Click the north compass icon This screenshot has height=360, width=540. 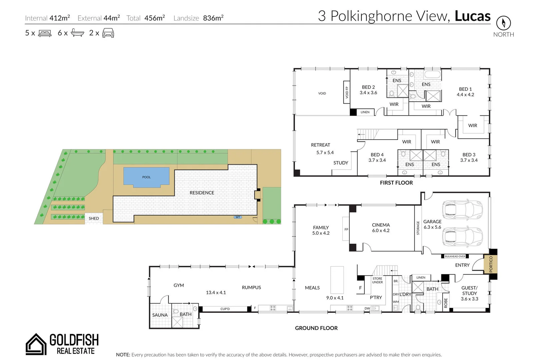tap(503, 23)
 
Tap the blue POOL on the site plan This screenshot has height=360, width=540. tap(146, 176)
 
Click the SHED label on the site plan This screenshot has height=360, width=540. tap(94, 218)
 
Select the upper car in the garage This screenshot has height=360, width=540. tap(462, 209)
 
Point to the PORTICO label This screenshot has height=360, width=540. tap(491, 264)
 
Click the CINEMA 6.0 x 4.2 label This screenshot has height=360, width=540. tap(381, 228)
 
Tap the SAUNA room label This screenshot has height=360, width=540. tap(160, 315)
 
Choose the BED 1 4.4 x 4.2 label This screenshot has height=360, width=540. tap(465, 92)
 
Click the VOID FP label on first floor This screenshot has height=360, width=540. tap(347, 92)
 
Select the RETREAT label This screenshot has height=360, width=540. tap(320, 145)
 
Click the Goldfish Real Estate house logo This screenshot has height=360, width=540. tap(36, 344)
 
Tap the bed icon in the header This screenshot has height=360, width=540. tap(45, 33)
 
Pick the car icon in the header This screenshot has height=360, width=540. tap(108, 33)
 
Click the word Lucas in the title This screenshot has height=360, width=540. tap(472, 16)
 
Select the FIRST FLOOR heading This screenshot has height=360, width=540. tap(396, 183)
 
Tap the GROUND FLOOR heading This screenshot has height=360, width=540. tap(316, 328)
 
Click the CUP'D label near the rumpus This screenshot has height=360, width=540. tap(225, 309)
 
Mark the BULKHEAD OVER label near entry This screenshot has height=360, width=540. tap(455, 256)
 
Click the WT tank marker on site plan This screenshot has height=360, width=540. tap(238, 217)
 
